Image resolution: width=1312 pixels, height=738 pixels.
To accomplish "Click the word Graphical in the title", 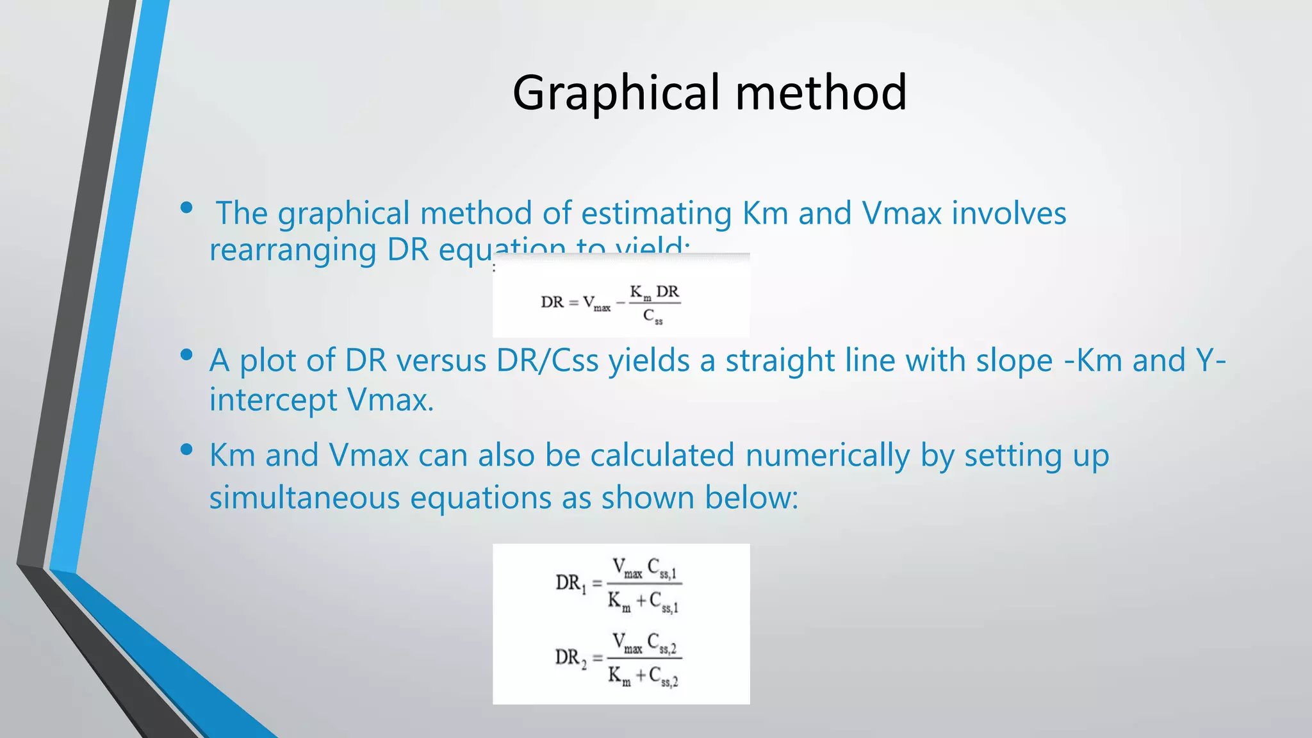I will [617, 94].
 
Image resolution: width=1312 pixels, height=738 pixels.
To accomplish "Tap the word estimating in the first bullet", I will [656, 213].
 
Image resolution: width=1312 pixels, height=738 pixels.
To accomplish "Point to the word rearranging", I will [293, 250].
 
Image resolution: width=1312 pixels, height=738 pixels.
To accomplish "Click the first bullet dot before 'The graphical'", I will [186, 208].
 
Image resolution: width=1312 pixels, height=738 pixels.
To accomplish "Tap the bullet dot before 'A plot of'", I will [186, 355].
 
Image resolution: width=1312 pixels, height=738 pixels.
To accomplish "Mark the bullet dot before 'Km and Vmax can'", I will [186, 450].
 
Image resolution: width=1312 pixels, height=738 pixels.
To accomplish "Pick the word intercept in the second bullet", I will [273, 400].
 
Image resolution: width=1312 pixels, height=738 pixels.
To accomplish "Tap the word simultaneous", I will [304, 498].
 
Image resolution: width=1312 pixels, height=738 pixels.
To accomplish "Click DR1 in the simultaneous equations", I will [570, 583].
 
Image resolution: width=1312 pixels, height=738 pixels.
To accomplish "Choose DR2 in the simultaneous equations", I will [570, 658].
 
